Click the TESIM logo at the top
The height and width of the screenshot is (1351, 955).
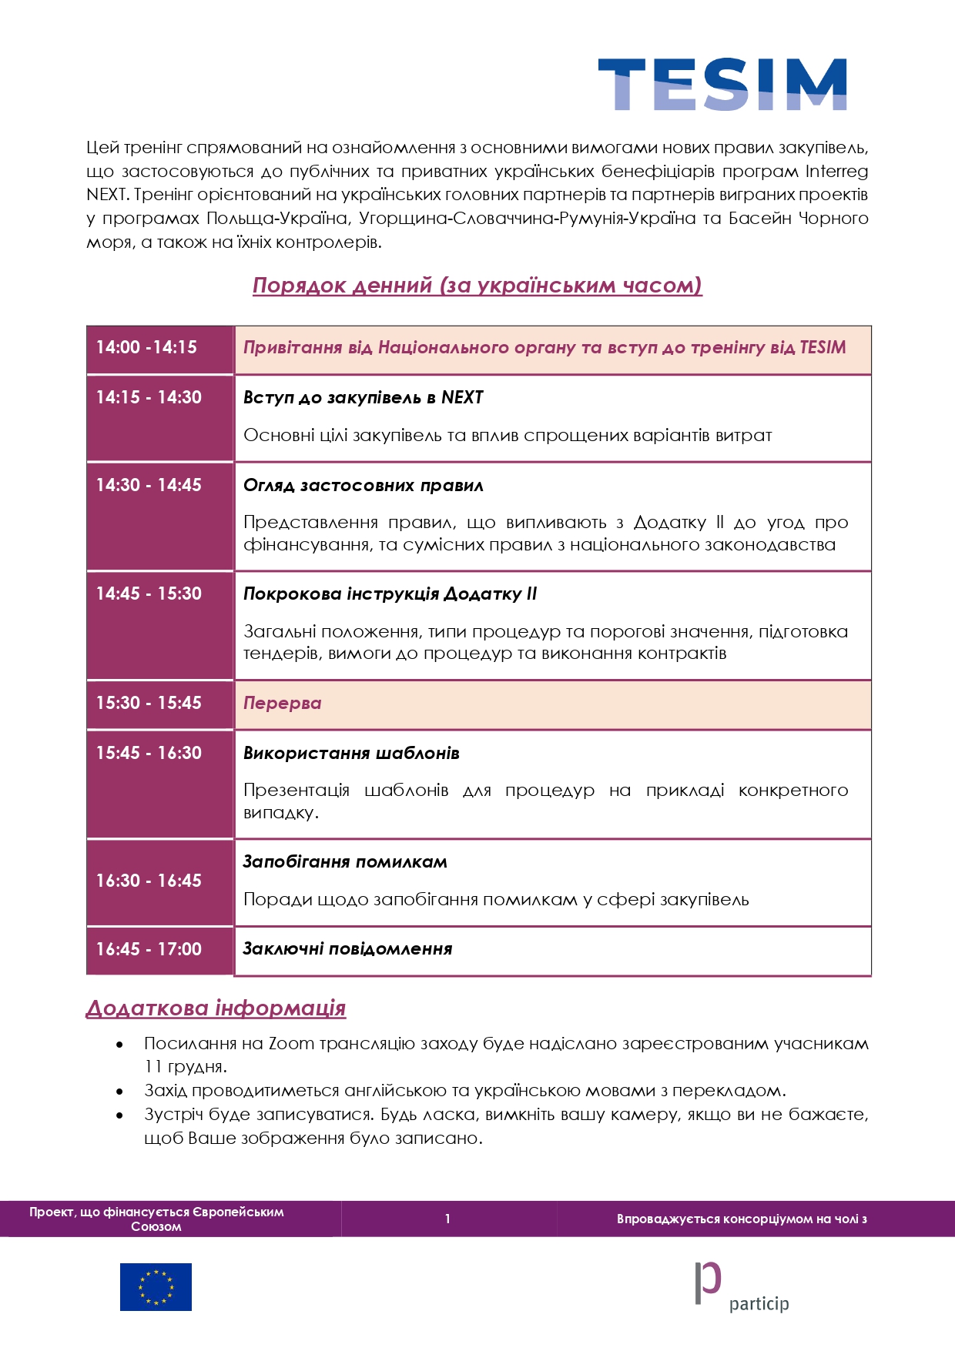pos(722,84)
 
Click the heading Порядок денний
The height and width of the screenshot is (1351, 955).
pos(477,286)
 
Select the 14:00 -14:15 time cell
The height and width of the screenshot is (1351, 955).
pos(159,348)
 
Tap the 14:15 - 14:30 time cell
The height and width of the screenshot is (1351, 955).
pos(159,417)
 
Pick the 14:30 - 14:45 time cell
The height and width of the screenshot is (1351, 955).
pos(159,516)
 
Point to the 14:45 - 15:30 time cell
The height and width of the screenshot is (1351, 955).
pos(159,625)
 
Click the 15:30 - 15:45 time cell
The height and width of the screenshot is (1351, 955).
pos(159,704)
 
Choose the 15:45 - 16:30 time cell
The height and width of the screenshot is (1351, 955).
pos(159,784)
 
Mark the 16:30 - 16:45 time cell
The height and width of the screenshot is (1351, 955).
pos(159,881)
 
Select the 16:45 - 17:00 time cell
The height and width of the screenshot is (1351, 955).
pos(159,950)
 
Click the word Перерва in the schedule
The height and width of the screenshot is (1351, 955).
pos(282,704)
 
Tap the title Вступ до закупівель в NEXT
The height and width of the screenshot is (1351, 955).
pos(363,398)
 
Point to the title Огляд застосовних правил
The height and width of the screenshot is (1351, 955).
pos(363,486)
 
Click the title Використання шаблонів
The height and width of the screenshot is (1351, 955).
pos(351,754)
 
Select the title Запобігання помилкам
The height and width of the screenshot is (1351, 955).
pos(345,862)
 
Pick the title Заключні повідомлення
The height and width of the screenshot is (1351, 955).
pos(347,949)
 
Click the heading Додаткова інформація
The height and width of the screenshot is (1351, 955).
pos(216,1008)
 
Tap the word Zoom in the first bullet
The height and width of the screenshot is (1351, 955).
pos(291,1045)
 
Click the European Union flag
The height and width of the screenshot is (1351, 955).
pos(156,1287)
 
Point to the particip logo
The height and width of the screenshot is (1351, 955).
pos(742,1287)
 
